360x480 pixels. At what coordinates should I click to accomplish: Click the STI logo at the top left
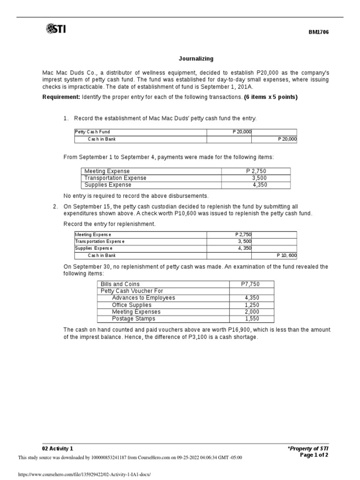(x=56, y=30)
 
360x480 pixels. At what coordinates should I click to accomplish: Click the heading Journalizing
(x=196, y=59)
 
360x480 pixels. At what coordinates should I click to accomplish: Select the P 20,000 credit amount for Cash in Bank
(x=287, y=139)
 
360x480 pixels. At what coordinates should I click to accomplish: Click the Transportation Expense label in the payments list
(x=115, y=178)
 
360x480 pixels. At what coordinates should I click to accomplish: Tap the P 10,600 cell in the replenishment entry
(x=285, y=255)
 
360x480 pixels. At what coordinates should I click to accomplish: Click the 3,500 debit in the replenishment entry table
(x=243, y=241)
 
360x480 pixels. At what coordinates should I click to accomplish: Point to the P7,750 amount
(x=250, y=284)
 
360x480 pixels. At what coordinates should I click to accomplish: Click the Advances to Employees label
(x=143, y=298)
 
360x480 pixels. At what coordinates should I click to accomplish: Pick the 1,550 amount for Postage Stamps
(x=252, y=319)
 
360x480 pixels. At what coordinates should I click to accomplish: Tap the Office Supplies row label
(x=132, y=305)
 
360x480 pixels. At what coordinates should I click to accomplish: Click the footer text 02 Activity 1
(x=58, y=449)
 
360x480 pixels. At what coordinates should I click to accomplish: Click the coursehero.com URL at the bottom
(x=84, y=474)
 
